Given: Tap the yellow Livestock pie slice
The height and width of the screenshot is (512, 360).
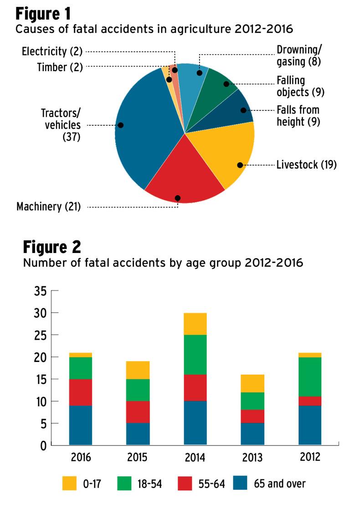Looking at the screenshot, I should pos(223,155).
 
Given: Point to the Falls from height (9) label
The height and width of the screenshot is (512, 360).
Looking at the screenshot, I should pos(298,115).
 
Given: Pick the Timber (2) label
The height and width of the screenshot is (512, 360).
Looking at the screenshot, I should pos(60,67).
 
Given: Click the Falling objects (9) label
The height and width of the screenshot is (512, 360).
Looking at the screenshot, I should pos(298,86).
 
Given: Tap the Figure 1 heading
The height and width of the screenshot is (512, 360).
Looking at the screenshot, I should pos(44,14).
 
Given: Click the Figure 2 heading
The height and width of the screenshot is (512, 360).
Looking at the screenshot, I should pos(52,247).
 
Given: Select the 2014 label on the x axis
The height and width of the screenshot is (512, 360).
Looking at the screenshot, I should pos(195,457).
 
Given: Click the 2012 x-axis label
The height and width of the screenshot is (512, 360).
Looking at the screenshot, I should pos(310,457).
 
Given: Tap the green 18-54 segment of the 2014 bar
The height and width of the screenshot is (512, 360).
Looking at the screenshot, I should pos(195,354).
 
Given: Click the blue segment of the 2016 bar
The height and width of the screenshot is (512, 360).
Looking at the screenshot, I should pos(81,425).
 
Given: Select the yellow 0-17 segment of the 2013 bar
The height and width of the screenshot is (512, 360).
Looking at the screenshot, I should pos(252,383).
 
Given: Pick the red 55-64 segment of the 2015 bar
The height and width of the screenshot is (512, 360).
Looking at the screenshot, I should pos(138,412).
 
